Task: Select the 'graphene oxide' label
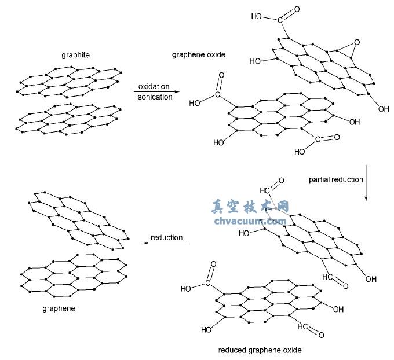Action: coord(199,55)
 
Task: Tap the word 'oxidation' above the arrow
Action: coord(154,87)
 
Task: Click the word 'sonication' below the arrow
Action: coord(155,97)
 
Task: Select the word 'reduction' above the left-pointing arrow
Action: coord(166,237)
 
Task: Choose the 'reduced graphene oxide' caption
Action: coord(260,350)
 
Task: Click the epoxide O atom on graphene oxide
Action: coord(357,42)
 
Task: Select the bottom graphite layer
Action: coord(70,119)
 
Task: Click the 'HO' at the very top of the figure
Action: coord(257,16)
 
